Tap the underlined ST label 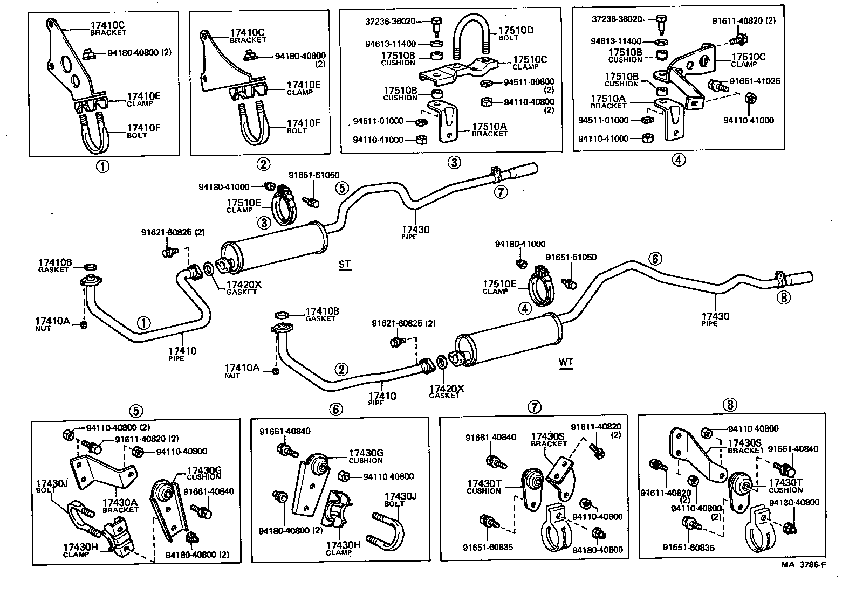coord(344,264)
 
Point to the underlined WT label coord(566,362)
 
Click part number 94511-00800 coord(529,82)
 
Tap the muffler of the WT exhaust coord(504,341)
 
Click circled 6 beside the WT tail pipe coord(655,259)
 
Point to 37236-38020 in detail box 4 coord(617,19)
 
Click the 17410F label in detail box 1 coord(143,128)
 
